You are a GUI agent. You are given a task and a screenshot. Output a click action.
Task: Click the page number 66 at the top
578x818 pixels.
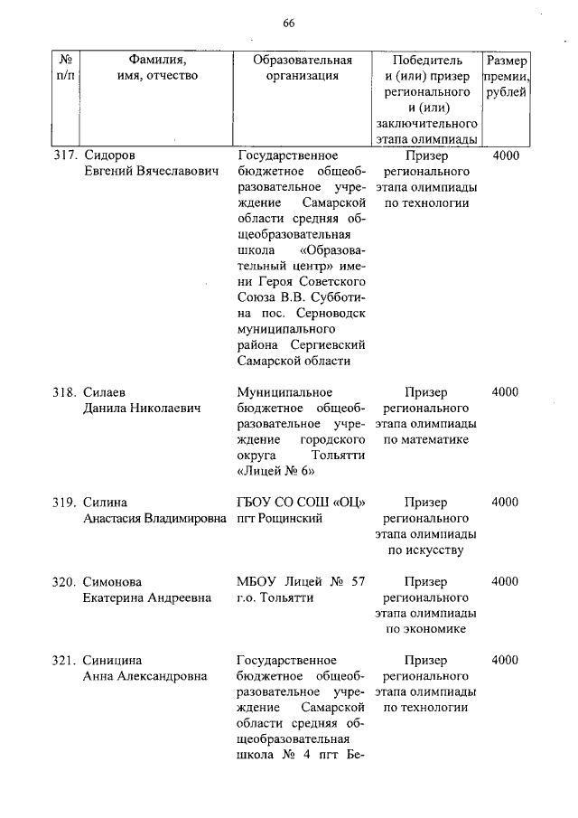[289, 24]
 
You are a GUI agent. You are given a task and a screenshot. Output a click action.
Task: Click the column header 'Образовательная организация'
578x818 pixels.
[302, 69]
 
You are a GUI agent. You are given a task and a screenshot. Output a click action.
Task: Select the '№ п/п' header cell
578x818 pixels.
[65, 69]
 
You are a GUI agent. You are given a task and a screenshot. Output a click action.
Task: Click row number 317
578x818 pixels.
[65, 155]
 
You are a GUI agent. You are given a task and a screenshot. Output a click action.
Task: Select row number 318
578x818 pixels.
[65, 392]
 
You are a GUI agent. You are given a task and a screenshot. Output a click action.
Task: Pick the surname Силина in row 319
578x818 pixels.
[106, 503]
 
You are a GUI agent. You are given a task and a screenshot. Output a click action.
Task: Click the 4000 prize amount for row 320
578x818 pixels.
[506, 581]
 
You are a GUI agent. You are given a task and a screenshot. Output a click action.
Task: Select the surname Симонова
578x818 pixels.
[113, 581]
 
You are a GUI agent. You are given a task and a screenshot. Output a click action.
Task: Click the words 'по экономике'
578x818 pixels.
[425, 629]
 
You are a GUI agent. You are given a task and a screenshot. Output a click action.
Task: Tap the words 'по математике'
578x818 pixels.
[425, 440]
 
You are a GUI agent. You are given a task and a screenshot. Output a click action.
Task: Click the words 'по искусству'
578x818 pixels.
[425, 550]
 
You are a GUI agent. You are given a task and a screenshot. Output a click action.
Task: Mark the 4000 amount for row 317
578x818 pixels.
[506, 155]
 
